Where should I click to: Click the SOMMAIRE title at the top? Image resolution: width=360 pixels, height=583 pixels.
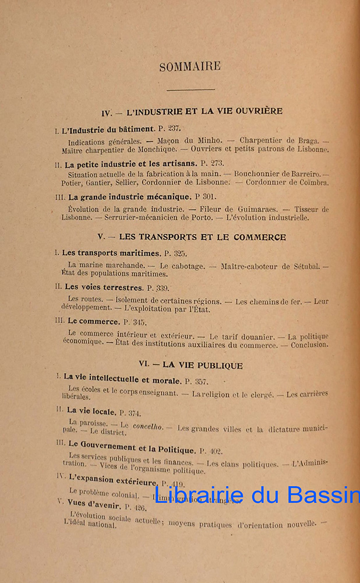coord(190,66)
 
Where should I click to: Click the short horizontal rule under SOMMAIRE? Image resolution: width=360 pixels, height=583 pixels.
coord(190,90)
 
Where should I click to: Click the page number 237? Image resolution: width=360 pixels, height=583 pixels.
coord(174,128)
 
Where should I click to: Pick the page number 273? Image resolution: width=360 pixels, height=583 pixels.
coord(217,164)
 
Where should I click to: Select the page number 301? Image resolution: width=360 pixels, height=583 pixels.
coord(209,197)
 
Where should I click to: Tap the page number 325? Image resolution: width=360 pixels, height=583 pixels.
coord(179,254)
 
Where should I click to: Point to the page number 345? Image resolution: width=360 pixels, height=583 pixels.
coord(140,321)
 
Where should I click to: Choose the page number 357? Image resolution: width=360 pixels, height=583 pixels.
coord(200,380)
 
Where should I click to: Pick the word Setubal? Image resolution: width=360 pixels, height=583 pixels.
coord(302,266)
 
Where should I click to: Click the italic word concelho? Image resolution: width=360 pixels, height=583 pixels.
coord(149,427)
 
